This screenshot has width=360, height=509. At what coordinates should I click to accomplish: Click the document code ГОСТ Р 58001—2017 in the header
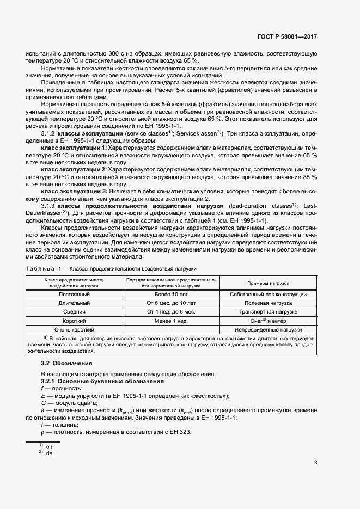tap(288, 36)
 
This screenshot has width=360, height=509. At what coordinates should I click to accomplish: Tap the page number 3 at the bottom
tap(315, 463)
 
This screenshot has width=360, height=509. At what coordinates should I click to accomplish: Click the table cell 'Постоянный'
tap(74, 294)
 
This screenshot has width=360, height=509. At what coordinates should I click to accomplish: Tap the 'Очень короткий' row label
tap(74, 329)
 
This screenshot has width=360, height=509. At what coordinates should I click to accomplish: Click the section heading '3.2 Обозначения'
tap(67, 363)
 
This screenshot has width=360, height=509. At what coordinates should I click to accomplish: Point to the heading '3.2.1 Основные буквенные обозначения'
tap(88, 381)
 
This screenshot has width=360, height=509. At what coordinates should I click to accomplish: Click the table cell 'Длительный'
tap(74, 303)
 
